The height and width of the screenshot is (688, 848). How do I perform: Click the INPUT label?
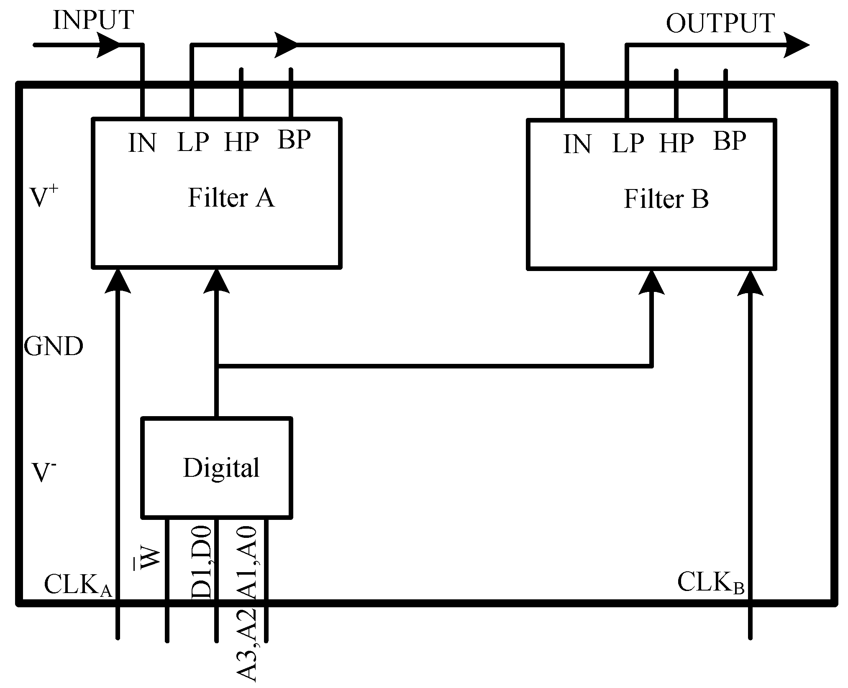pos(93,20)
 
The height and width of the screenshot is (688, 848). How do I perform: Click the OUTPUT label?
pos(720,23)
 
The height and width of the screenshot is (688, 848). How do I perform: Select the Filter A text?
pos(231,198)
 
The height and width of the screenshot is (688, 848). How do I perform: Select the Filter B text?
pos(666,199)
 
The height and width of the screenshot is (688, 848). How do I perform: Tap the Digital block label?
pos(221,468)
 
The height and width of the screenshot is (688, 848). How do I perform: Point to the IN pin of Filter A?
pos(142,143)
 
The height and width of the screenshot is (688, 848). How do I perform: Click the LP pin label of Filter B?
pos(628,144)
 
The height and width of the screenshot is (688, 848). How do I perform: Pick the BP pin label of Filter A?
pos(294,140)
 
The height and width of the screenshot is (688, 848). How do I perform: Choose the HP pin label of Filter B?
pos(676,144)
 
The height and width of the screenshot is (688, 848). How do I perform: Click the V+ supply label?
pos(44,197)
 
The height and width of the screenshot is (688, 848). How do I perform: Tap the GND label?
pos(54,346)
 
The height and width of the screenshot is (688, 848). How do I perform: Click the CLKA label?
pos(78,584)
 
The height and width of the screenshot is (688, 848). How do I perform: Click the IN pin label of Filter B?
pos(577,145)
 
